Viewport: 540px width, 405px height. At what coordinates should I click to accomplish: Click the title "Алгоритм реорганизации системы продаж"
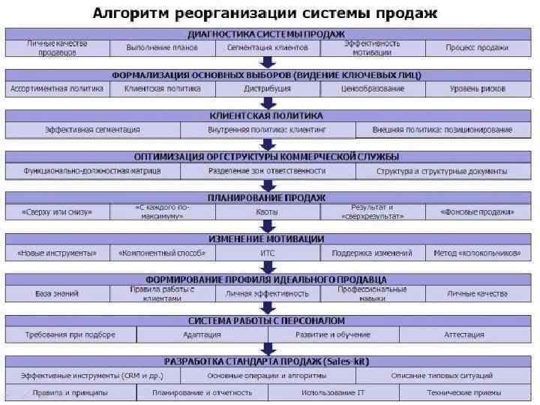tap(265, 14)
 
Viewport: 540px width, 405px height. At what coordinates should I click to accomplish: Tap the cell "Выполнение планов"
tap(162, 47)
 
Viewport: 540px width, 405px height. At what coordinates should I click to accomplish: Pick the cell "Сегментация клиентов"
tap(267, 47)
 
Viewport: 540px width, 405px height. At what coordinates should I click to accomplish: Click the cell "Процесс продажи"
tap(477, 47)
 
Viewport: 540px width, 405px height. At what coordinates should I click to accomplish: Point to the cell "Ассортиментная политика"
tap(57, 88)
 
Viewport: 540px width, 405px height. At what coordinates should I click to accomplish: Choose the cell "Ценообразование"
tap(372, 88)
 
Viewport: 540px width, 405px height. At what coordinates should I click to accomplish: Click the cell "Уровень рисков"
tap(477, 88)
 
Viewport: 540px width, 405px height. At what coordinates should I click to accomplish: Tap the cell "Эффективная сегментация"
tap(93, 130)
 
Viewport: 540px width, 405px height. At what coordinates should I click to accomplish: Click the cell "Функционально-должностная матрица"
tap(92, 171)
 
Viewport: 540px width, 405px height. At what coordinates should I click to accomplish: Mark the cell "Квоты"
tap(267, 212)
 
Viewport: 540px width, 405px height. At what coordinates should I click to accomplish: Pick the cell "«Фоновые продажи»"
tap(477, 212)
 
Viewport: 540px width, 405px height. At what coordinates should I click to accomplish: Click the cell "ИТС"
tap(267, 253)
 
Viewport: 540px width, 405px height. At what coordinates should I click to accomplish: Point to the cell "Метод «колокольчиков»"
tap(477, 253)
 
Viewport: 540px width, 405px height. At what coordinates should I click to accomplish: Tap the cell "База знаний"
tap(57, 293)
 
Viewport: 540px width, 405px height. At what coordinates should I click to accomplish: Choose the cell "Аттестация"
tap(463, 334)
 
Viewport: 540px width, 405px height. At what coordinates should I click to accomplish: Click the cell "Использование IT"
tap(333, 392)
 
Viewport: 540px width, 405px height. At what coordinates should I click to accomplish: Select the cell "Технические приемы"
tap(463, 392)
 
